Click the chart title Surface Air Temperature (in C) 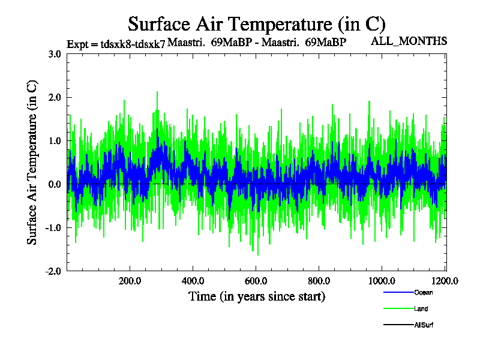tap(256, 24)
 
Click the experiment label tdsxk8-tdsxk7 tap(116, 43)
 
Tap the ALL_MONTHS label tap(410, 41)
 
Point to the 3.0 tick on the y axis tap(54, 54)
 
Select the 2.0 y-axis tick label tap(54, 97)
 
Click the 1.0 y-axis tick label tap(54, 141)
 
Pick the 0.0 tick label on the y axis tap(54, 184)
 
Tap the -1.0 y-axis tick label tap(53, 228)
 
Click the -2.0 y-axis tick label tap(53, 271)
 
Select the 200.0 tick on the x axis tap(130, 280)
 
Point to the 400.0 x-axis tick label tap(193, 280)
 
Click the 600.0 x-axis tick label tap(256, 280)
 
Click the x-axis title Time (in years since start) tap(257, 296)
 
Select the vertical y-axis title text tap(33, 163)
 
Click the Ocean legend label tap(423, 293)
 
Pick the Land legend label tap(421, 309)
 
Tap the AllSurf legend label tap(424, 325)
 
